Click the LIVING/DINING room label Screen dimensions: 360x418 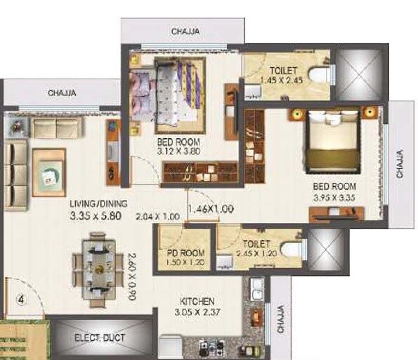pos(98,204)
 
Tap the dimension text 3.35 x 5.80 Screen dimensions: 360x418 pos(98,216)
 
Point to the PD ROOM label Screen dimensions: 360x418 pos(186,253)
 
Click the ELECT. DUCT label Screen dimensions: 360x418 pos(100,338)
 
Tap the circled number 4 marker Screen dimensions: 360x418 pos(22,300)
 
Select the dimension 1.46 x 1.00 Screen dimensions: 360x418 pos(210,208)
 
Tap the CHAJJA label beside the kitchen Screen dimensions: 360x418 pos(280,319)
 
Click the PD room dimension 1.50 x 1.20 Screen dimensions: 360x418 pos(186,263)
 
